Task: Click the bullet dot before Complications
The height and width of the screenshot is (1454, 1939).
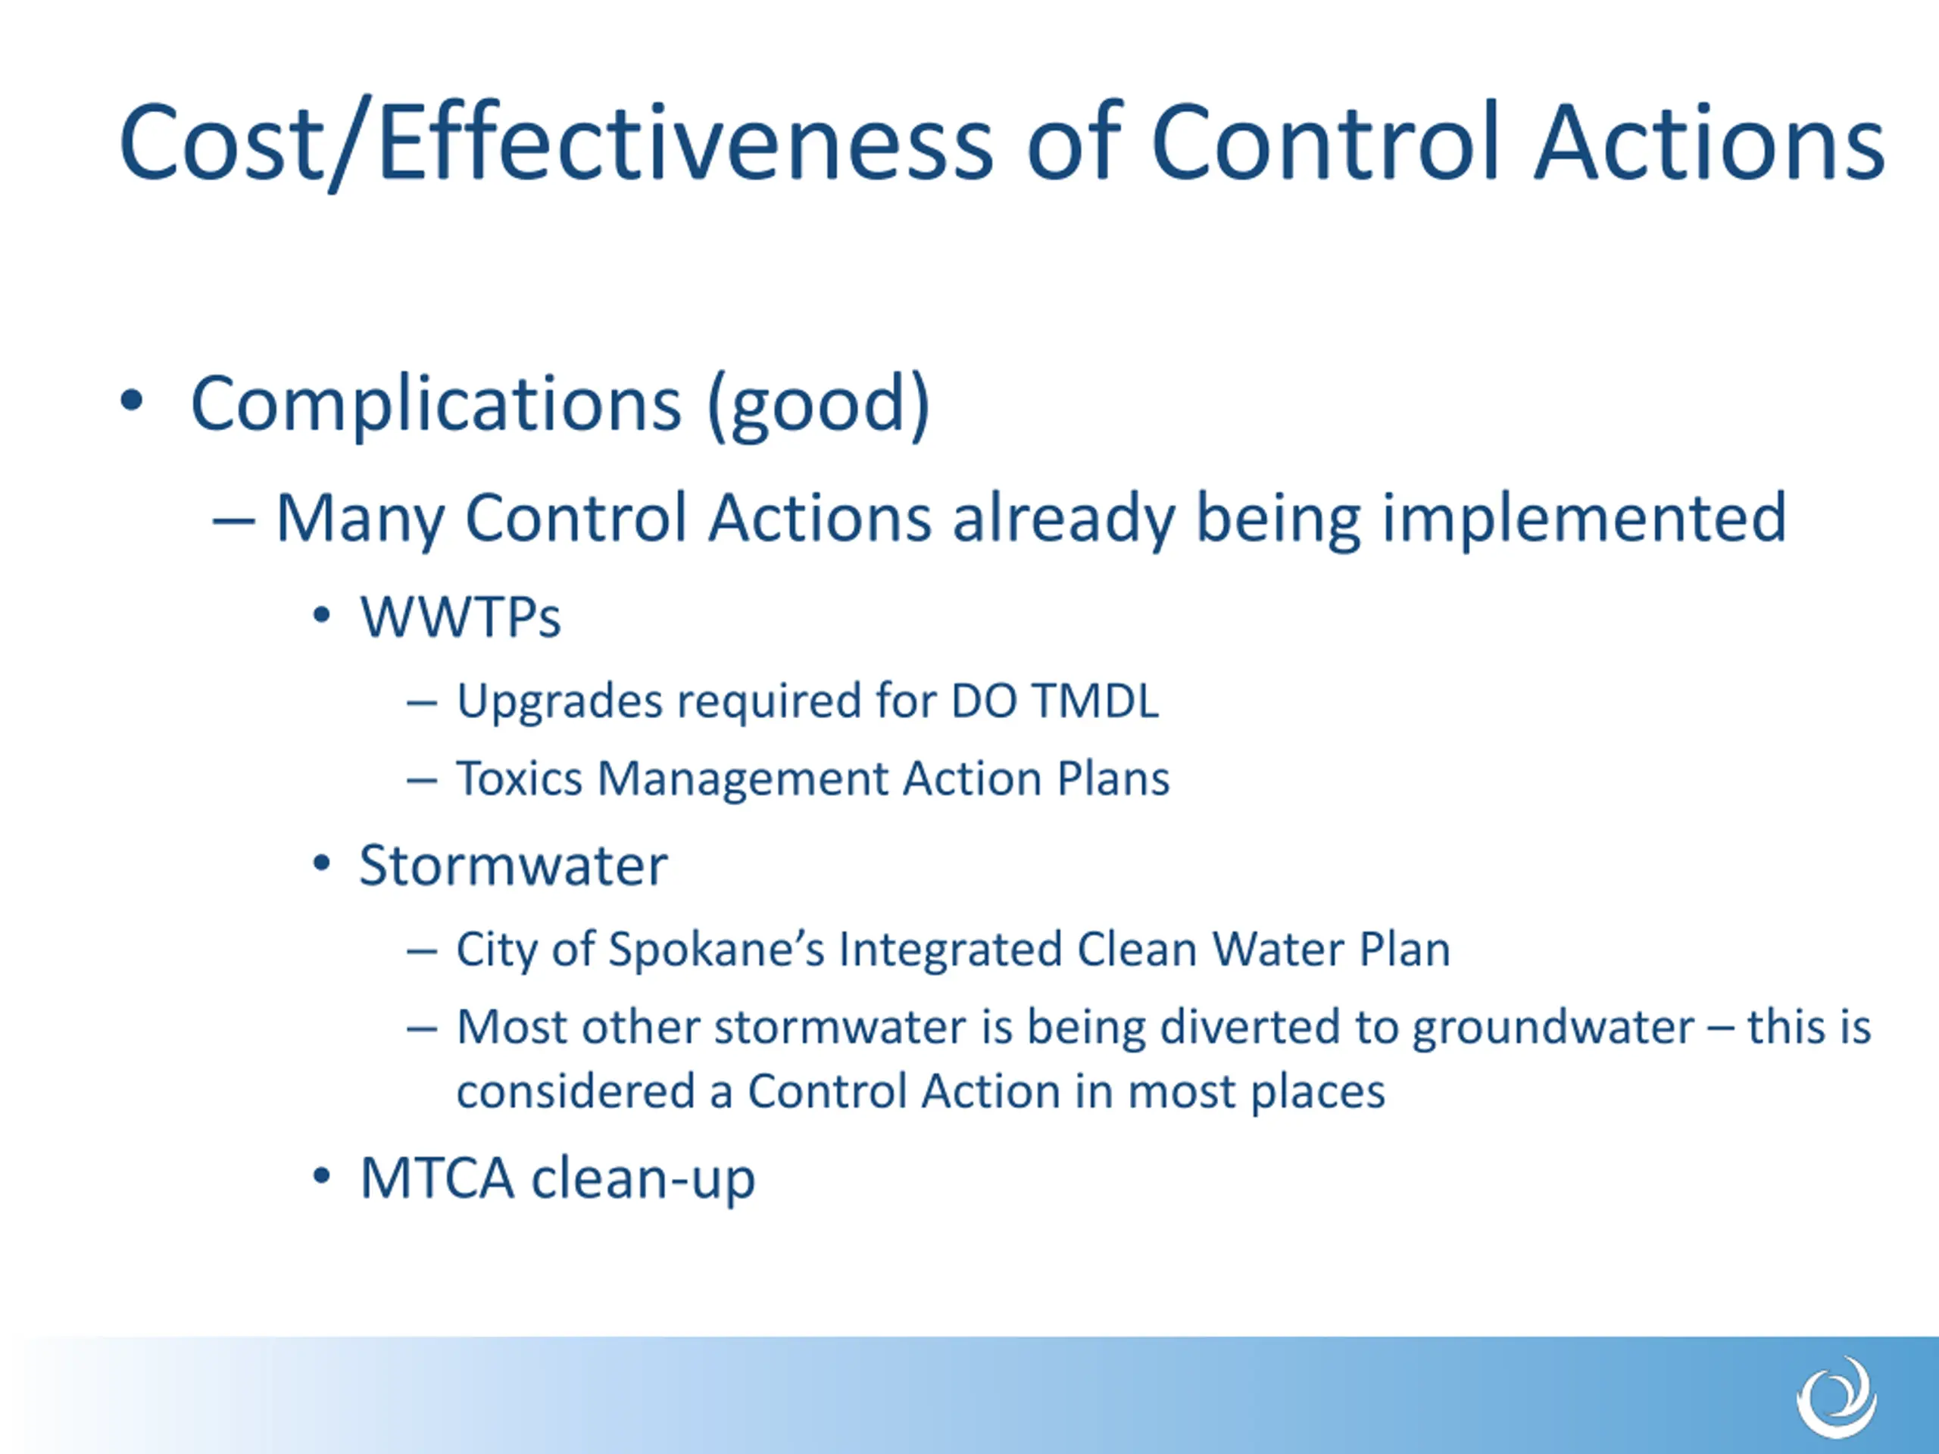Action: point(132,401)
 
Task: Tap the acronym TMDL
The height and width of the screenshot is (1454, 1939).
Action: point(1094,701)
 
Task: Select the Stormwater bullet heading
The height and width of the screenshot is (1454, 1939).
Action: point(514,866)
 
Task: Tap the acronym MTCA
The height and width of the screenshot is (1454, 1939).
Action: point(436,1178)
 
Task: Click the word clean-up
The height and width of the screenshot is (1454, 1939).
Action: point(643,1180)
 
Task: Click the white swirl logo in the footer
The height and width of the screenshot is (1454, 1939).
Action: point(1838,1397)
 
